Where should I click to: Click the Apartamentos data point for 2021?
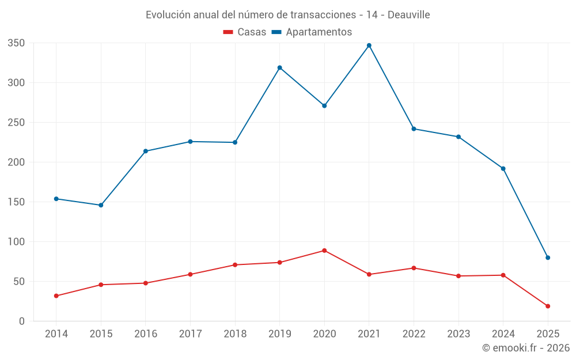[369, 46]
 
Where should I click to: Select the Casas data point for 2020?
[324, 251]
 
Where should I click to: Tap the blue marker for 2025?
[548, 257]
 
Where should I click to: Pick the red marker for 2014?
[56, 296]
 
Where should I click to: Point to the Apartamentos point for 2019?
[280, 67]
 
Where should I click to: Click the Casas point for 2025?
[548, 306]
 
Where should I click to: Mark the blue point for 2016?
[146, 151]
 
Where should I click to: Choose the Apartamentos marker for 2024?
[503, 169]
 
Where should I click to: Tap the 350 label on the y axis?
[16, 43]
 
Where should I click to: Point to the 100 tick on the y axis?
[16, 242]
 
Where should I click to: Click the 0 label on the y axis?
[21, 321]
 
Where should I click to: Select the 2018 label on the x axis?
[235, 334]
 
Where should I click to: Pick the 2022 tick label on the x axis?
[414, 334]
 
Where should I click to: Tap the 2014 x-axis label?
[56, 334]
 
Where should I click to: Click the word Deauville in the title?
[408, 14]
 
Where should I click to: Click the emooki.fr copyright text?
[526, 348]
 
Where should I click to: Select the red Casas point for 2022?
[414, 268]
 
